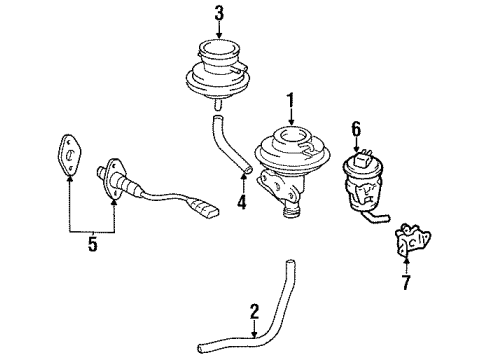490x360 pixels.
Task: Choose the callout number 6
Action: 356,128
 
